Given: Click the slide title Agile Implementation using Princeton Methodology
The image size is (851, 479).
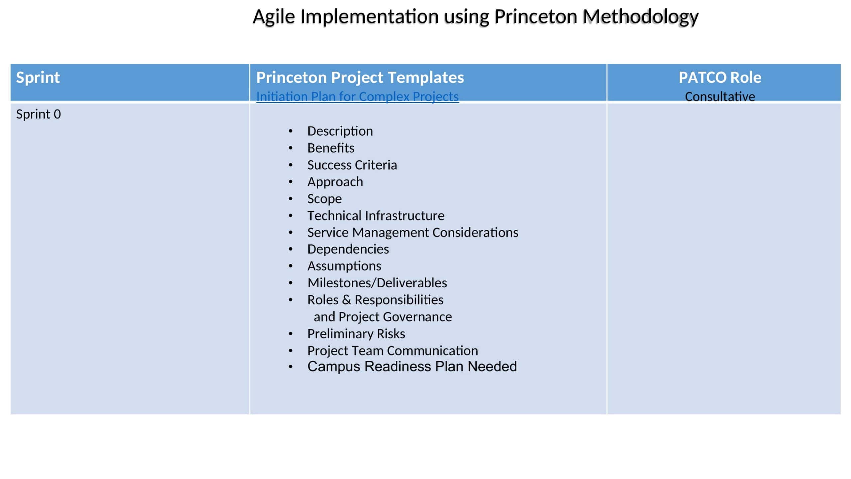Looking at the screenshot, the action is (x=475, y=17).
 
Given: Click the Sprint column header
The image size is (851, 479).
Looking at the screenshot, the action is (x=38, y=78).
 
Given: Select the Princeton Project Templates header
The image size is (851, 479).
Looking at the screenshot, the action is (x=360, y=78).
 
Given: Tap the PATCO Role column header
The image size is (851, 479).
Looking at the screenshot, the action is (x=720, y=78).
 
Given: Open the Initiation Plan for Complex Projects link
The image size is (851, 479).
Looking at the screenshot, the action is (x=357, y=97).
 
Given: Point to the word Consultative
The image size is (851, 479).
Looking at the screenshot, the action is (x=720, y=97).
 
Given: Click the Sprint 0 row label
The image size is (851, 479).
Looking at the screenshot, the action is (x=39, y=114).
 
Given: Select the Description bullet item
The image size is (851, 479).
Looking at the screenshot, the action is (x=340, y=131).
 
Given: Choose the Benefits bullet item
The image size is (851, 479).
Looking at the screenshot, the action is (x=331, y=148).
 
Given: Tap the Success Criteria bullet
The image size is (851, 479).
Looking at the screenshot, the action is (x=352, y=165).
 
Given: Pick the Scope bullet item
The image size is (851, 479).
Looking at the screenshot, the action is (x=324, y=199).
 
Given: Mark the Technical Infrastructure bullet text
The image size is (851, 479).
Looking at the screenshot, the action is (x=376, y=216).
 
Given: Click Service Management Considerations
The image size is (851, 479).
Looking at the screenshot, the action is (x=413, y=233).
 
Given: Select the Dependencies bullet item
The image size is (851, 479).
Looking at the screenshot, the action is (x=348, y=249).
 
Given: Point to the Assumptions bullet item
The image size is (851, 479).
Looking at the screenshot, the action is (x=344, y=266).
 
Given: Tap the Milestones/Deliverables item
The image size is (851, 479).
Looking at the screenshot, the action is (x=377, y=283).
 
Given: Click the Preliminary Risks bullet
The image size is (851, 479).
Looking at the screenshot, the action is (x=356, y=334).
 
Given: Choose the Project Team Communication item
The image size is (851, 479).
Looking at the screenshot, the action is (x=393, y=351).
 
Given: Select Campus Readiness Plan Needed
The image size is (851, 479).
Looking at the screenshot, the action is (x=412, y=367).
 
